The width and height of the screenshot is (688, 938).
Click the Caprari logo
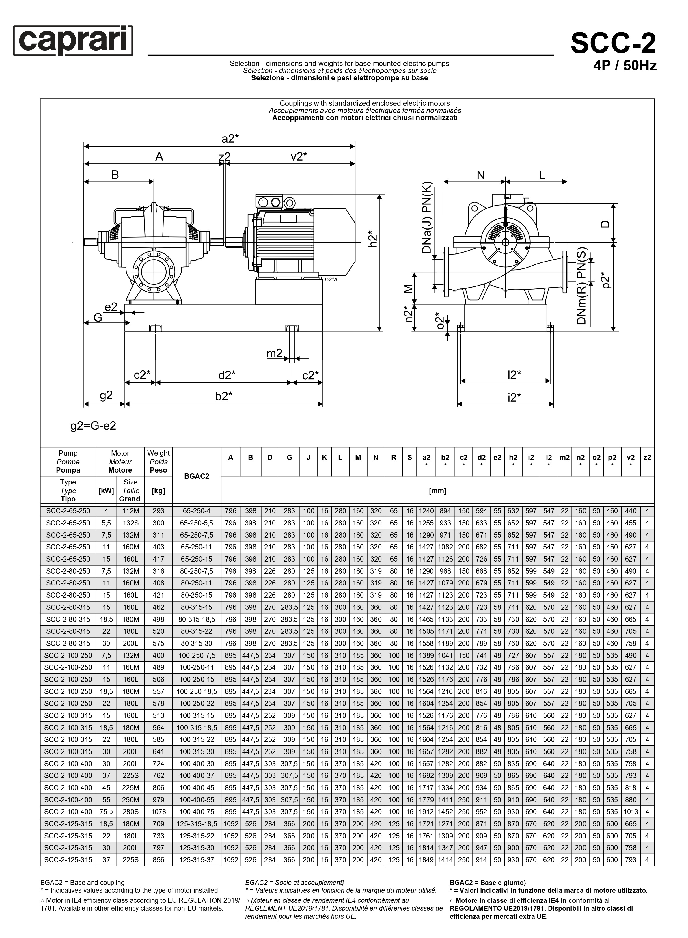pos(73,40)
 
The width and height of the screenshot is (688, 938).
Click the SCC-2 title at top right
pos(613,43)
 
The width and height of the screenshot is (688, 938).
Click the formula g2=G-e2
pos(93,426)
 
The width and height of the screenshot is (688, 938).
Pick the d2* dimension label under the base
pos(227,375)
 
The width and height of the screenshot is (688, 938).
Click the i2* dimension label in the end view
pos(514,397)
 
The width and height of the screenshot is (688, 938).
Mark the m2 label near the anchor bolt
pos(275,353)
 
